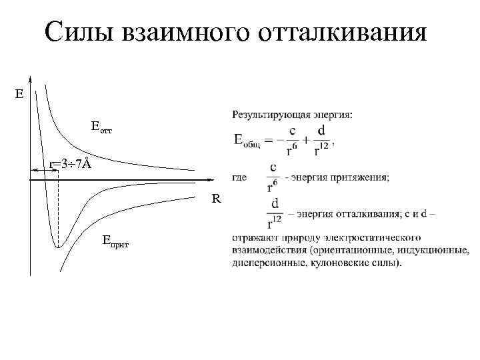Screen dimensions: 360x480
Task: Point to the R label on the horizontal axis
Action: tap(217, 199)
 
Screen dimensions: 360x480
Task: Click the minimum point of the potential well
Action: tap(58, 247)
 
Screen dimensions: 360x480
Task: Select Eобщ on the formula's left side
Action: tap(249, 141)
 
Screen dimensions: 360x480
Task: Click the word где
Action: tap(241, 177)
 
